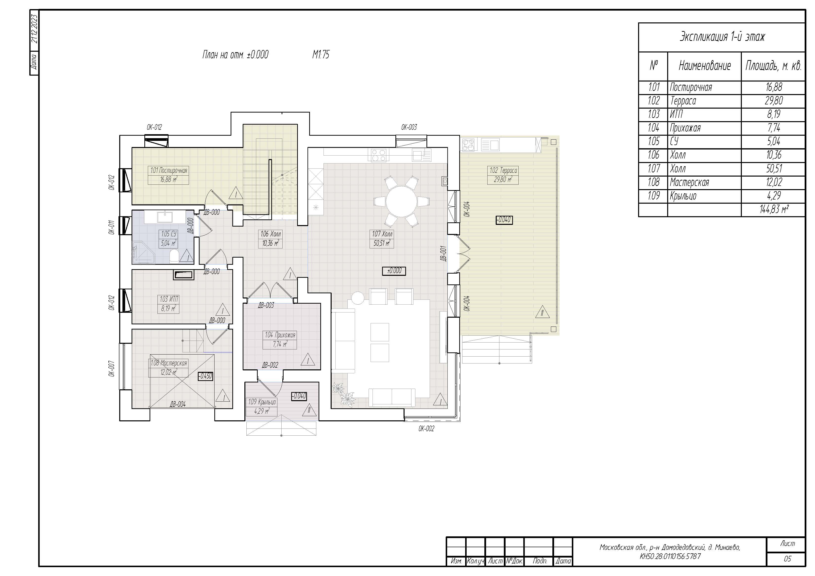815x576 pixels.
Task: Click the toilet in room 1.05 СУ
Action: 174,256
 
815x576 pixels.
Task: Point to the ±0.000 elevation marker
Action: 394,271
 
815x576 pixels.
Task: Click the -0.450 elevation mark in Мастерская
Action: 205,376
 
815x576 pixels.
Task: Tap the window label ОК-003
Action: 409,127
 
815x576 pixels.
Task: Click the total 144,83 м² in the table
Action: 774,209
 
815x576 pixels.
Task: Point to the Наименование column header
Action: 705,66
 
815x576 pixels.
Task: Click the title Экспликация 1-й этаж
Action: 722,36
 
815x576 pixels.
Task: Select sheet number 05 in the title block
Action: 787,559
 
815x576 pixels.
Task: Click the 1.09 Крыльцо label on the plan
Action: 262,406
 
